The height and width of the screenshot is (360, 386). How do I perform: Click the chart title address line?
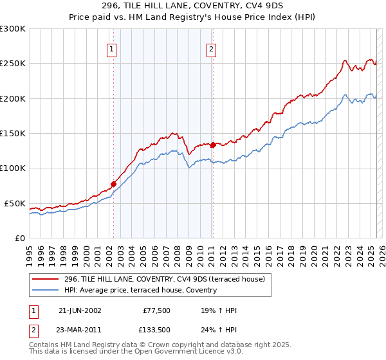pyautogui.click(x=193, y=5)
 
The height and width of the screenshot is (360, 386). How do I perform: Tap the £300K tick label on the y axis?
pyautogui.click(x=13, y=29)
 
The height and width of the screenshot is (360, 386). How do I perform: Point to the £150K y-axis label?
pyautogui.click(x=13, y=134)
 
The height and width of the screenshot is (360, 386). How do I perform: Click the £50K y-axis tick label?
pyautogui.click(x=15, y=203)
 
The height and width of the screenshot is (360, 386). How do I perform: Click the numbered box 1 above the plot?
pyautogui.click(x=111, y=49)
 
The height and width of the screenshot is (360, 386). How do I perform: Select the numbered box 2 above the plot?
pyautogui.click(x=211, y=49)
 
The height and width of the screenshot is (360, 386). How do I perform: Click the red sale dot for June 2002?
pyautogui.click(x=114, y=184)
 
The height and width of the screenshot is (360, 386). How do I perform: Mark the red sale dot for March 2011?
pyautogui.click(x=213, y=145)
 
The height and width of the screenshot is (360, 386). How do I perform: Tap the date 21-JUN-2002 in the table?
pyautogui.click(x=80, y=310)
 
